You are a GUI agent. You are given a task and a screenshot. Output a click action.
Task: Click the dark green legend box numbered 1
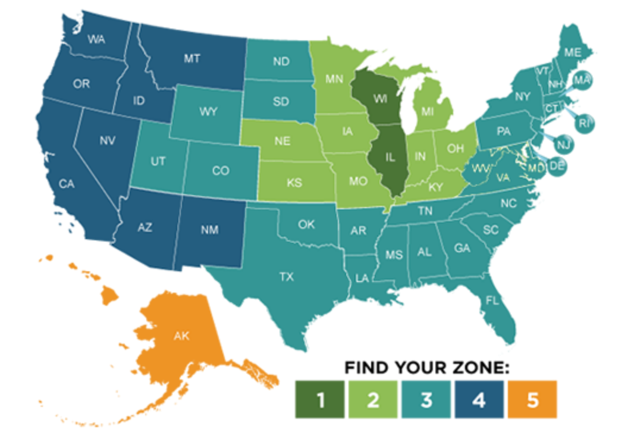point(320,399)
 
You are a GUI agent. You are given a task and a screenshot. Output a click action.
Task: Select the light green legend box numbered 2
point(373,399)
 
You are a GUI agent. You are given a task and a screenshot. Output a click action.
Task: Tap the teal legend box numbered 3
point(426,399)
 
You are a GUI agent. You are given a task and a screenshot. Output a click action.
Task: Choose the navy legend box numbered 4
point(479,399)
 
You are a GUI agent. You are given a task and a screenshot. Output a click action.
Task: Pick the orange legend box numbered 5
point(532,399)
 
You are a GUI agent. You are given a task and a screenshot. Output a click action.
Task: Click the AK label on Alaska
point(181,336)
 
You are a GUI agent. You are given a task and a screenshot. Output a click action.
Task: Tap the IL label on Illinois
point(390,158)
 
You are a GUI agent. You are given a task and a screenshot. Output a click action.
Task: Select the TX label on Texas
point(287,277)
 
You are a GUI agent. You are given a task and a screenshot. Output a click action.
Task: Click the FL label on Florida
point(492,300)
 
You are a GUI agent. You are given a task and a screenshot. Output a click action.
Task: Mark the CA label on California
point(67,184)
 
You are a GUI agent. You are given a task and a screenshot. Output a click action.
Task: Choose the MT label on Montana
point(192,58)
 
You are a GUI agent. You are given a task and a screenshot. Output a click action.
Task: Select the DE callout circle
point(557,166)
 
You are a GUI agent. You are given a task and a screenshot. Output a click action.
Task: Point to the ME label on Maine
point(573,52)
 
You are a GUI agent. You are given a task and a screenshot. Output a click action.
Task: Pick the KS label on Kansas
point(294,183)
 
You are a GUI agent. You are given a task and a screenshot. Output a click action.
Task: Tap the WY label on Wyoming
point(208,111)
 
